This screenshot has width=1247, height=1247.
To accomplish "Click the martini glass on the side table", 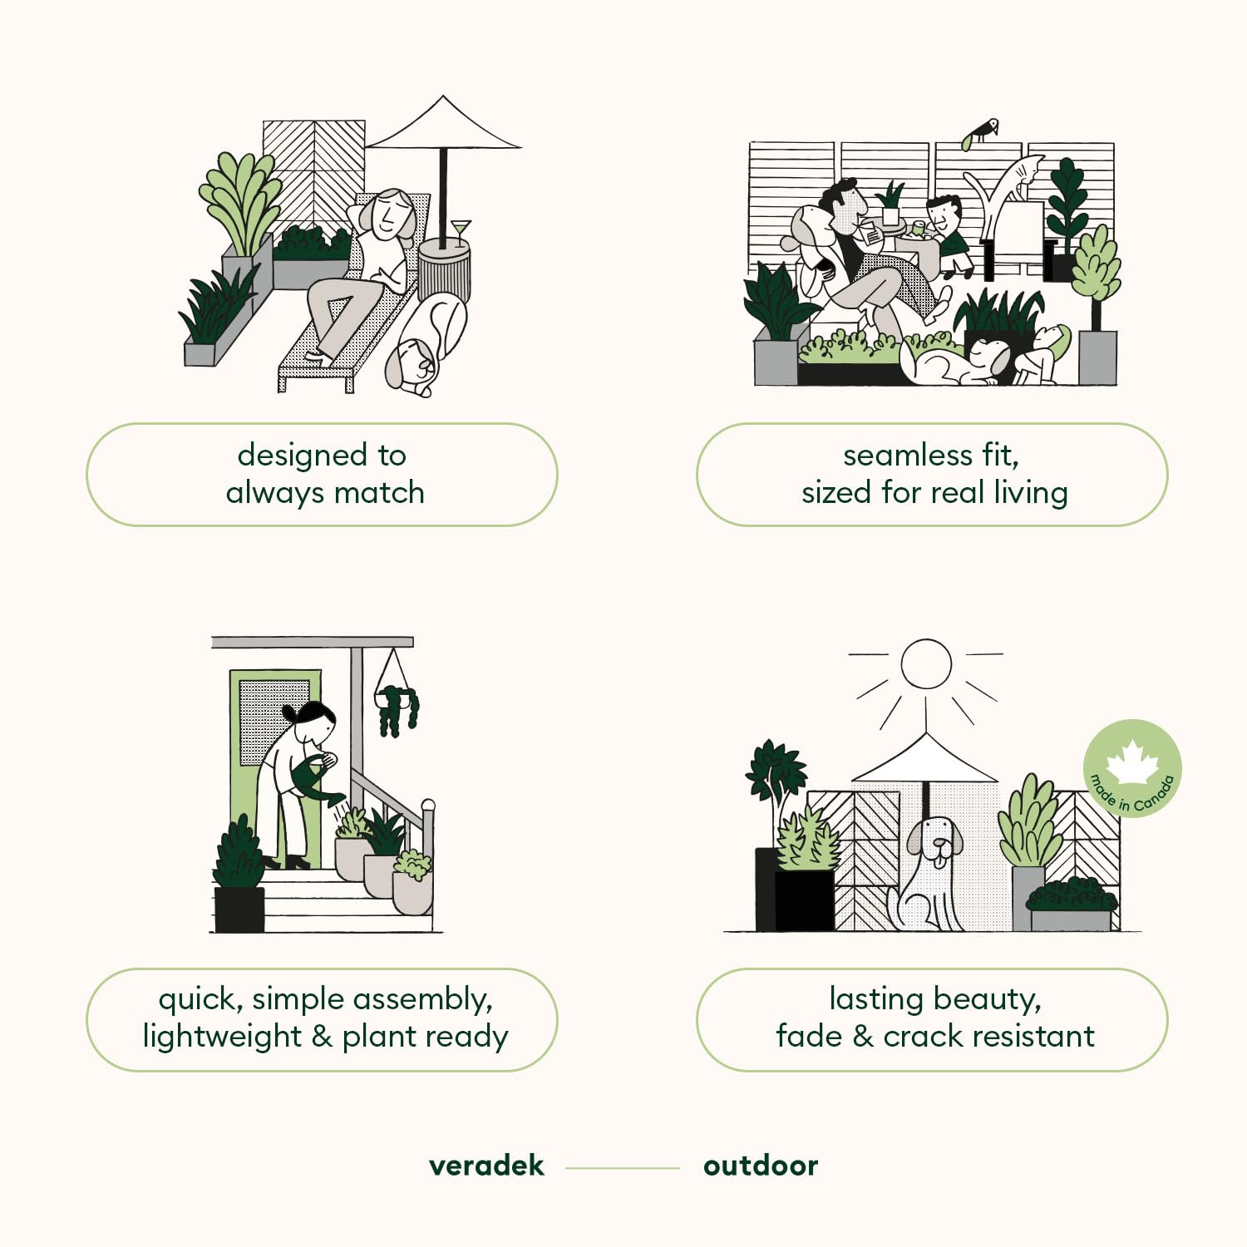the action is pos(460,233).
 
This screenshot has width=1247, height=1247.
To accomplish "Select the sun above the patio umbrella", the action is pos(926,663).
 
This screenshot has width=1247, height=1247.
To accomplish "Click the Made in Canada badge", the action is pos(1132,769).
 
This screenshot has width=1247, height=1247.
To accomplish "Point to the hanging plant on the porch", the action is pos(397,702).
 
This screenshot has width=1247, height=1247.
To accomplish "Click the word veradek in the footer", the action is pos(486,1166).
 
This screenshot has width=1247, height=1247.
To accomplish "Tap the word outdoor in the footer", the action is pos(761,1166).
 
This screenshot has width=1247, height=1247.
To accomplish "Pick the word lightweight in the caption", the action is pos(222,1037).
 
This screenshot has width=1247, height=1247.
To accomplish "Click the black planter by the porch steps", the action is pos(239,909).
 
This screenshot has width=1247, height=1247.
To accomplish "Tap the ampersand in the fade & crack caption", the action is pos(863,1037).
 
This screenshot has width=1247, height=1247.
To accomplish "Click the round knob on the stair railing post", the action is pos(428,805).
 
